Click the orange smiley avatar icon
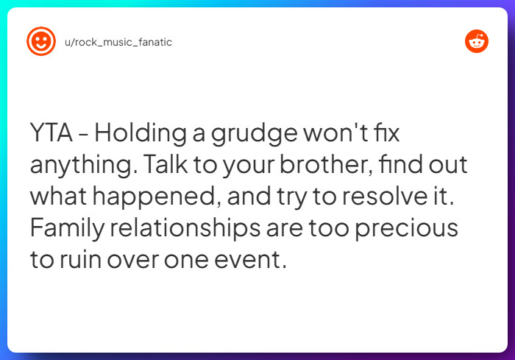(40, 41)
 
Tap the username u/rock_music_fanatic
(117, 42)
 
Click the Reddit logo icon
(477, 41)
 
